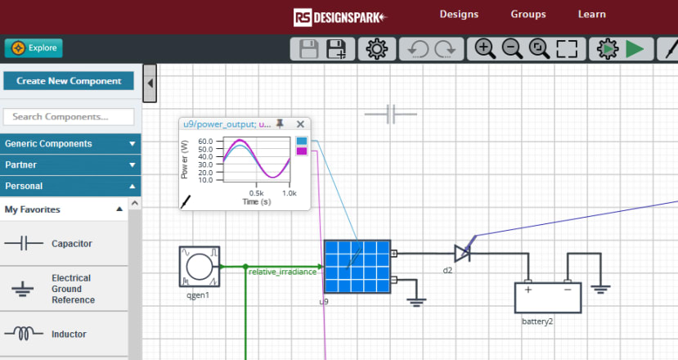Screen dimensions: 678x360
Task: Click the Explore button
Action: pos(34,48)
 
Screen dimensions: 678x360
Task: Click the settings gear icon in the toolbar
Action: pos(376,48)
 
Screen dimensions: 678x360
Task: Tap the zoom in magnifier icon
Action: pos(485,48)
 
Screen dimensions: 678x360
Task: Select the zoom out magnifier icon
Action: pos(512,48)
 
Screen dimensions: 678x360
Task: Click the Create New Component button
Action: pos(69,81)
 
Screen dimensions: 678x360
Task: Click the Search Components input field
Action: pos(69,117)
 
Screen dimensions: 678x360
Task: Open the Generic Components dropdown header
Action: pos(70,144)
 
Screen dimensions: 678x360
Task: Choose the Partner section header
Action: pos(70,164)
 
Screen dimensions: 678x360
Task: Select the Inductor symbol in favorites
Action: pos(24,334)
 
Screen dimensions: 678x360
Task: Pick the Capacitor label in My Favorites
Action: pos(72,244)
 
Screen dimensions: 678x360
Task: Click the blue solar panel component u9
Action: pos(357,267)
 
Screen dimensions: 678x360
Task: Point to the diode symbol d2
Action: pos(462,253)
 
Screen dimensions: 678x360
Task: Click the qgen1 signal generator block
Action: pos(200,267)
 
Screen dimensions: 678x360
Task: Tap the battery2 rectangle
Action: pos(548,298)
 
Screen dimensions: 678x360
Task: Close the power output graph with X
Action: pos(300,124)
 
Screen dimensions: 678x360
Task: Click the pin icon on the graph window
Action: pos(280,124)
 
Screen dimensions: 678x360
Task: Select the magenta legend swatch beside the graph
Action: pos(302,151)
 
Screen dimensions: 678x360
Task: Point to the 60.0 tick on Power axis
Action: pos(205,141)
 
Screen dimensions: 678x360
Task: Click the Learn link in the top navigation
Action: pos(591,14)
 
